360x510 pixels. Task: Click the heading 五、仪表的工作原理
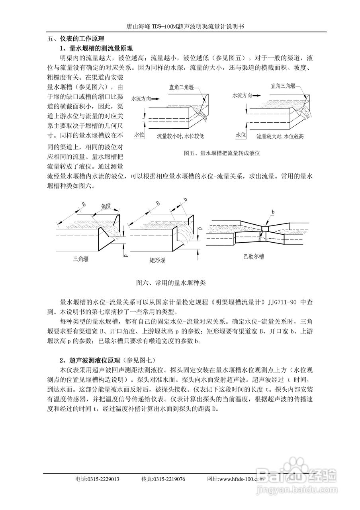[76, 39]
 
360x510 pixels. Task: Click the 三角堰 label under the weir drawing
[80, 259]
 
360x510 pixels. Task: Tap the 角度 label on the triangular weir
[106, 206]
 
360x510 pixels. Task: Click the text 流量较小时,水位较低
[180, 136]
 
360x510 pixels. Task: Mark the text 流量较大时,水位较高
[280, 136]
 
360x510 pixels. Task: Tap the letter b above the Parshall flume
[273, 211]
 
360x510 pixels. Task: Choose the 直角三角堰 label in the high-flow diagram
[283, 86]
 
